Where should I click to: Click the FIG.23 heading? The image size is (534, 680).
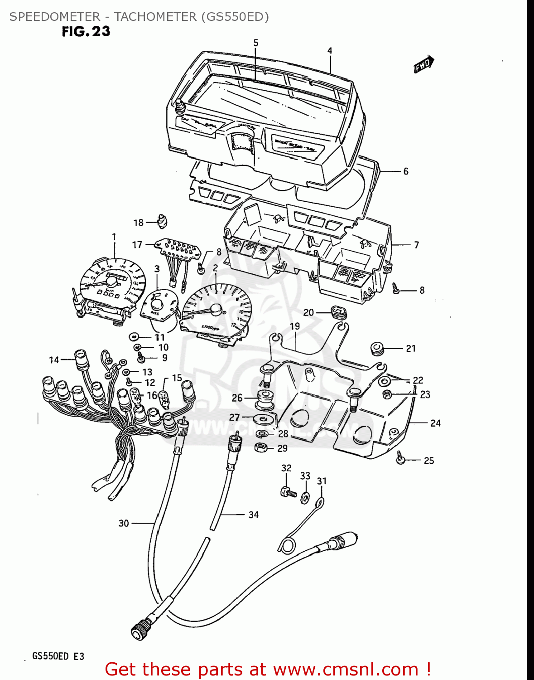click(86, 31)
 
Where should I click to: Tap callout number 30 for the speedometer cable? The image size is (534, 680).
click(124, 523)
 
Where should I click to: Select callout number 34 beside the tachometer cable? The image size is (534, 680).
click(253, 515)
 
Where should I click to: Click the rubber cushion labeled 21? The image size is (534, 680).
click(377, 349)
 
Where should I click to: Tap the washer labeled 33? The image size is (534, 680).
click(306, 498)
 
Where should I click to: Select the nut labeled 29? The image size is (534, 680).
click(261, 448)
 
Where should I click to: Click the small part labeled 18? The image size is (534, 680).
click(162, 221)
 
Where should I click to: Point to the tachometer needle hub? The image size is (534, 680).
click(216, 309)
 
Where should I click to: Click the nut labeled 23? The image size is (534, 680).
click(387, 393)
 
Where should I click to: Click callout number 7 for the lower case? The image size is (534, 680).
click(416, 245)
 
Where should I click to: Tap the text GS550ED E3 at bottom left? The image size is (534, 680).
click(58, 656)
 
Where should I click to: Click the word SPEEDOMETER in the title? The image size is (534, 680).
click(55, 17)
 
